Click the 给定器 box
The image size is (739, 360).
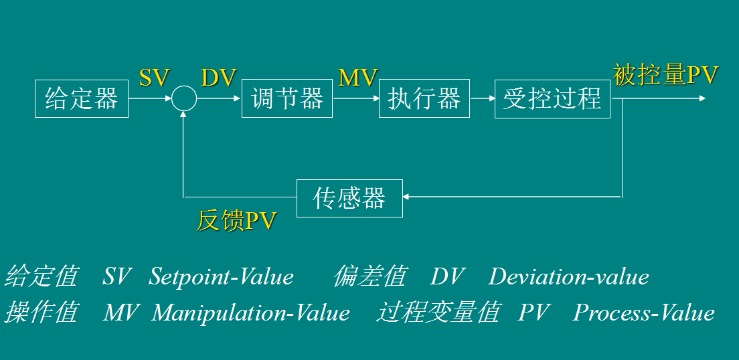[81, 99]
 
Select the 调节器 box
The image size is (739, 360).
[286, 99]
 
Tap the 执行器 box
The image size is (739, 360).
[424, 99]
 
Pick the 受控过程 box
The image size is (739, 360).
[552, 99]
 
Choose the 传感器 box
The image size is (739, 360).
[349, 198]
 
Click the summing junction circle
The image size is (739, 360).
[183, 99]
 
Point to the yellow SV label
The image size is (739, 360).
[154, 78]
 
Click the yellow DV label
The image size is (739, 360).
[219, 78]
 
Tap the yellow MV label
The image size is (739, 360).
[358, 78]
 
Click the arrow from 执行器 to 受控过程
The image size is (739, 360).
[482, 99]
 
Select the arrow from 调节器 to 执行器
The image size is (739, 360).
[355, 99]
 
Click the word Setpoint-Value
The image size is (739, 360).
[222, 276]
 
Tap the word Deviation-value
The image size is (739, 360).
[569, 276]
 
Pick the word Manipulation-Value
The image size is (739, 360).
[251, 312]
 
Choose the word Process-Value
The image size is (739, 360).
[644, 312]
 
